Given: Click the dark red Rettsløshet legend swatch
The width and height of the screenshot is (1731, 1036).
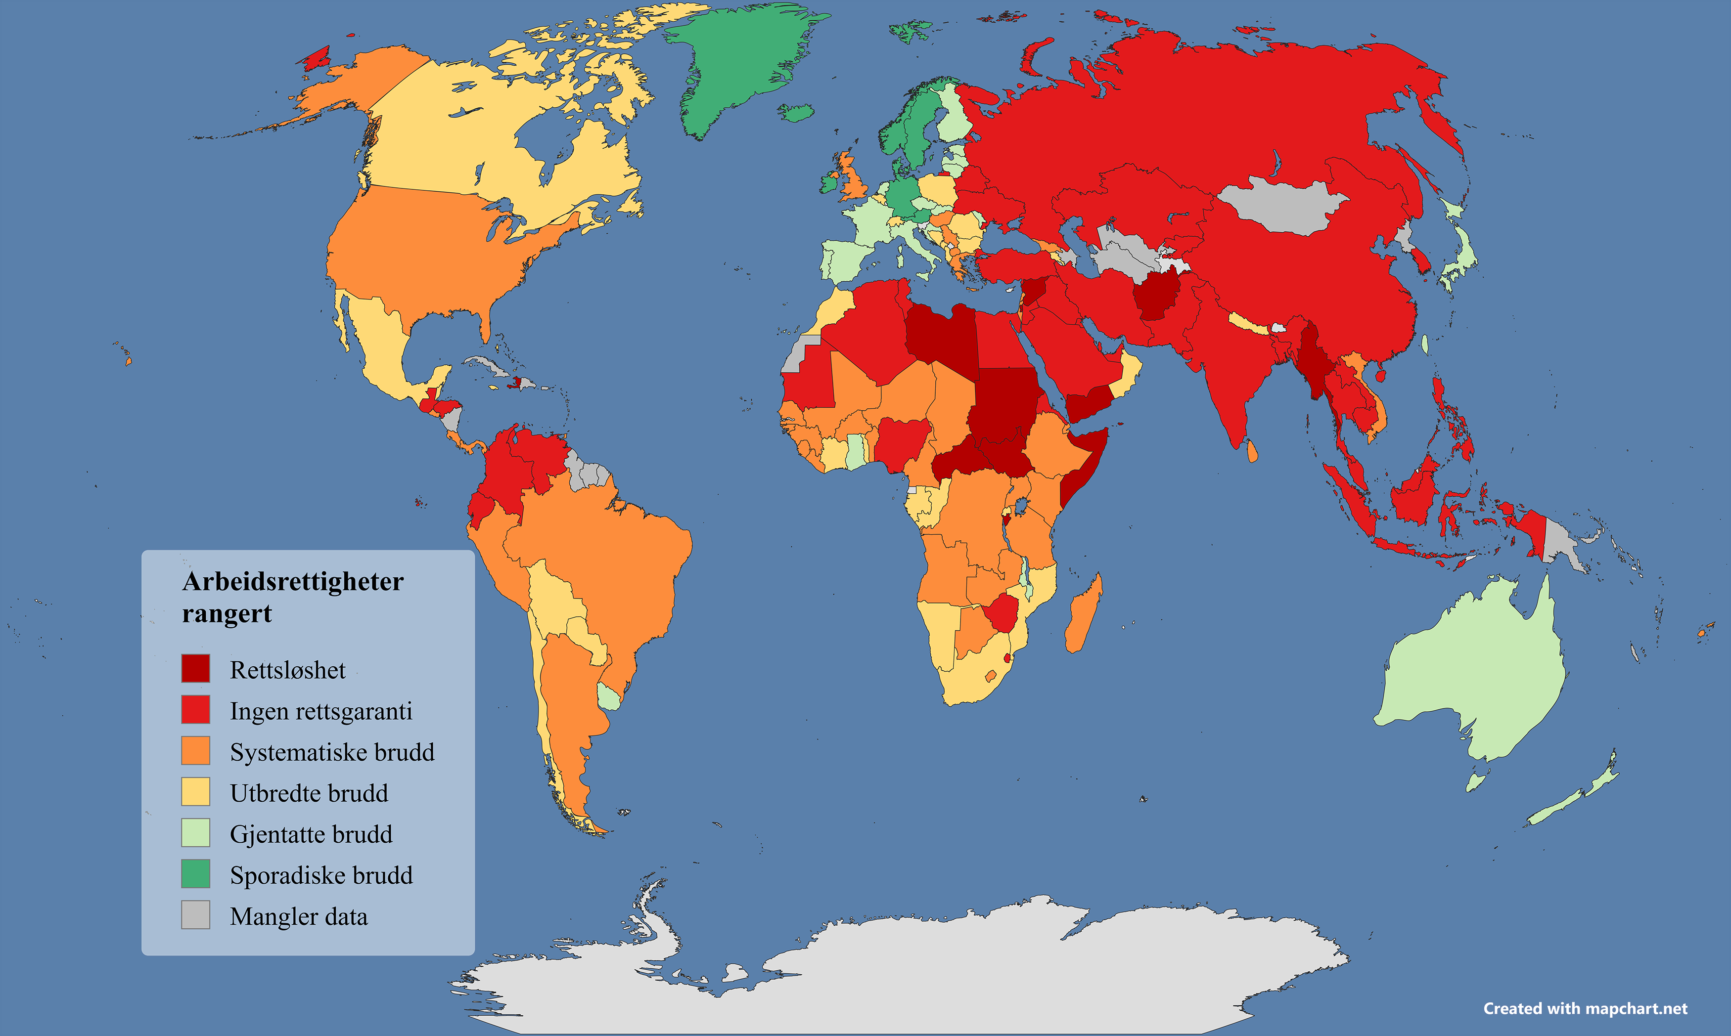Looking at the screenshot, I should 195,668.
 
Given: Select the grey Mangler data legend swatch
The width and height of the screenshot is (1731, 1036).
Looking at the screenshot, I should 195,914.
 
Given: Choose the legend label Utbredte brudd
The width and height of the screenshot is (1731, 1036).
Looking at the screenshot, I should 309,793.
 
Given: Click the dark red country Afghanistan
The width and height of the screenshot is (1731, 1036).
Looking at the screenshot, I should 1156,297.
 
